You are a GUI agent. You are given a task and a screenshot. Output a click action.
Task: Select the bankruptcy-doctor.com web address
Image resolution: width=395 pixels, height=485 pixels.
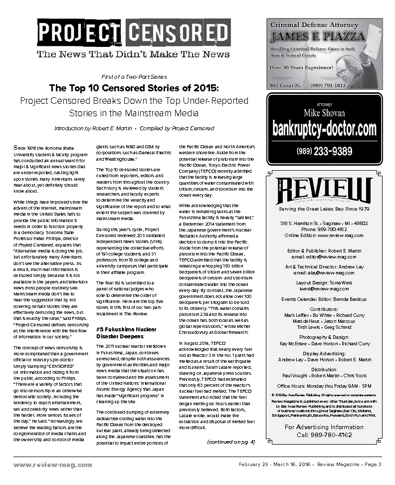coord(324,129)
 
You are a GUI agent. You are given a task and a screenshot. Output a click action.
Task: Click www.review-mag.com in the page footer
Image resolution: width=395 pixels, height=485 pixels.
coord(53,465)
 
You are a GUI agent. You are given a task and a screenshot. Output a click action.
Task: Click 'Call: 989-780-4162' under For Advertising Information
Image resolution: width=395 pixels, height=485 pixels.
coord(324,435)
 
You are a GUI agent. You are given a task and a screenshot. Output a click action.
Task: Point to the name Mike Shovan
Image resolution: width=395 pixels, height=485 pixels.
coord(324,113)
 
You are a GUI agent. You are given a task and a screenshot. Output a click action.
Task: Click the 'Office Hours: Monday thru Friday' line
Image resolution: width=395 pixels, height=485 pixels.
coord(324,386)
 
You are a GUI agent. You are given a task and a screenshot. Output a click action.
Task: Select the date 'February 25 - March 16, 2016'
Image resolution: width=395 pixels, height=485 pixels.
coord(275,465)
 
